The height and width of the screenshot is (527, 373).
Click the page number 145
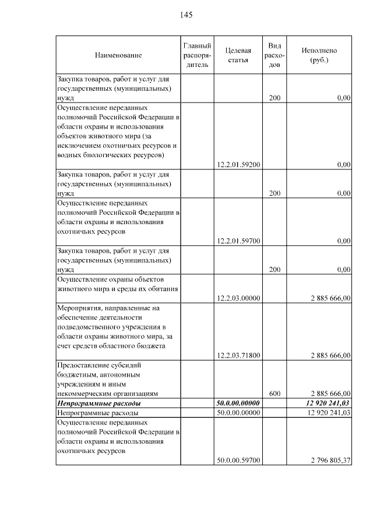pos(186,15)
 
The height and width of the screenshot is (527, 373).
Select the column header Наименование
pos(118,55)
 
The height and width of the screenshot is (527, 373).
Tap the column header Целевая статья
pos(238,55)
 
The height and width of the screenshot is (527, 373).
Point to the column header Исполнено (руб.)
pos(319,55)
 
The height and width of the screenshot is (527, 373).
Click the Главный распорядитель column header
pos(197,55)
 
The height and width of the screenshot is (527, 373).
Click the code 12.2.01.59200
pos(238,165)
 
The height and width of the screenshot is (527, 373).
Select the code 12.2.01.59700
pos(238,240)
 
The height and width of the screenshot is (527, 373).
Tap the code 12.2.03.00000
pos(238,298)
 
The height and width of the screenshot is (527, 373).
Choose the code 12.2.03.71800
pos(238,355)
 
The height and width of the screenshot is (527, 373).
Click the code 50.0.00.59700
pos(238,461)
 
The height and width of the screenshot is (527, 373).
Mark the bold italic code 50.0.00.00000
pos(238,403)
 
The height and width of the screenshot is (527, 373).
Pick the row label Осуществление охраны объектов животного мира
pos(115,284)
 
